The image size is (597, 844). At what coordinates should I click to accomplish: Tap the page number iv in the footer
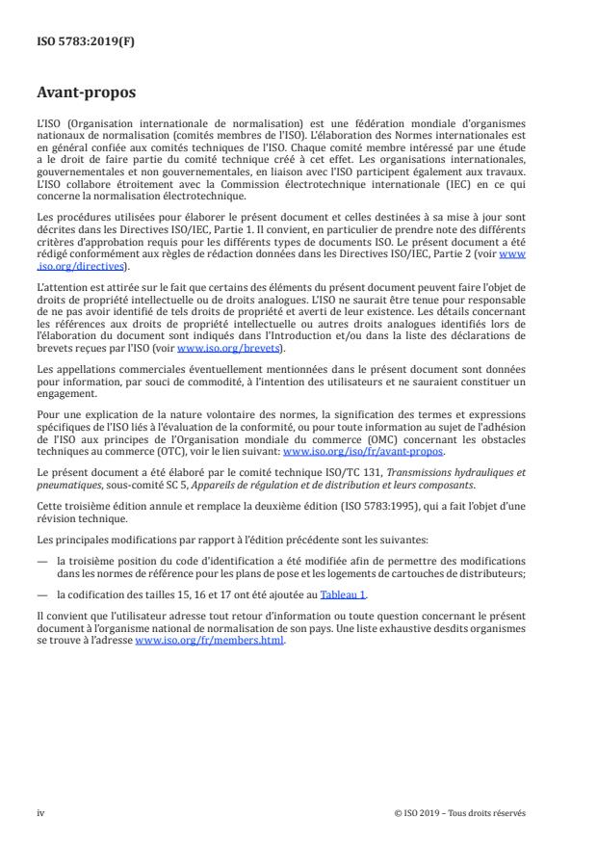click(x=40, y=812)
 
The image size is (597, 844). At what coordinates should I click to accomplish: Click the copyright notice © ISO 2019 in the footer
click(x=460, y=812)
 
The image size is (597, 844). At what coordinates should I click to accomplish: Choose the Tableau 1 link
click(x=345, y=595)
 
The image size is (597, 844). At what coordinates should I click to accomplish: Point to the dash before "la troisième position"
click(x=42, y=564)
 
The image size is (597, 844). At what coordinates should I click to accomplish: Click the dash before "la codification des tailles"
click(x=42, y=595)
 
